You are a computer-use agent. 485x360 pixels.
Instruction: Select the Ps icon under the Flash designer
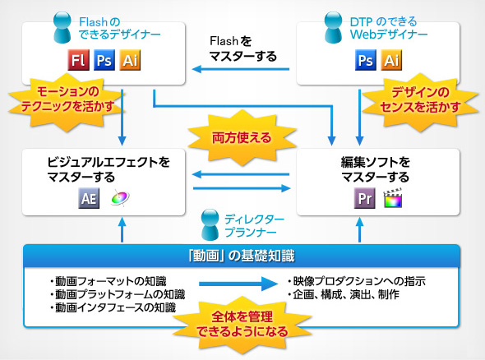(104, 60)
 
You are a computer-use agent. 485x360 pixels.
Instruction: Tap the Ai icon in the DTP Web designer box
(392, 60)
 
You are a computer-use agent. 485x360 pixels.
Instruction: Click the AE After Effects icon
(88, 198)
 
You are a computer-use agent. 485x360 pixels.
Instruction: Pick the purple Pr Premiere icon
(364, 198)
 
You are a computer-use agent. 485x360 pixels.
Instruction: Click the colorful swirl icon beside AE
(120, 198)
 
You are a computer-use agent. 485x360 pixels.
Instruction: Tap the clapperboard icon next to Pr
(393, 198)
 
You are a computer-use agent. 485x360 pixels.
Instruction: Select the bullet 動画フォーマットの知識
(104, 281)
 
